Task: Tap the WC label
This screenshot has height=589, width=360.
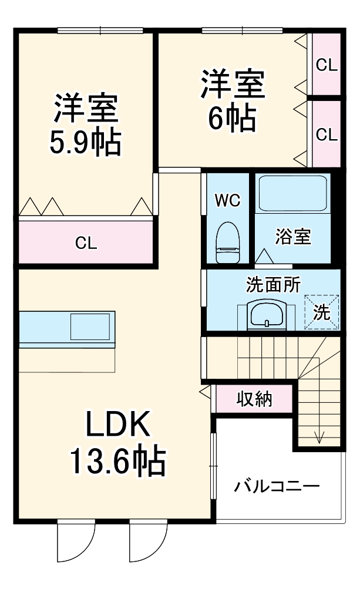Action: pos(227,200)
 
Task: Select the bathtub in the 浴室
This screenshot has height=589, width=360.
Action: pos(292,193)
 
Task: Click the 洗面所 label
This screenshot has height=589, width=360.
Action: pos(272,285)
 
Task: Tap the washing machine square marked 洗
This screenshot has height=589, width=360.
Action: pos(321,312)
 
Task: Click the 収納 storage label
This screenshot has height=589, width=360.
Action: pos(254,399)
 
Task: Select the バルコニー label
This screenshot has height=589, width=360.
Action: pos(277,486)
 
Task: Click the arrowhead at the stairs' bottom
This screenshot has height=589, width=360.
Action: pos(319,437)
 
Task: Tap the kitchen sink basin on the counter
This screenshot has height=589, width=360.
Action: pos(90,327)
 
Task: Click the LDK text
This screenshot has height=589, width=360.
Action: pos(120,425)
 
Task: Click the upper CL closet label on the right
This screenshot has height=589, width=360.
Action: pos(327,65)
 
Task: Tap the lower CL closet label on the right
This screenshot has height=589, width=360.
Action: pos(327,134)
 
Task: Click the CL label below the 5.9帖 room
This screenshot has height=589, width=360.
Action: pos(86,243)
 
